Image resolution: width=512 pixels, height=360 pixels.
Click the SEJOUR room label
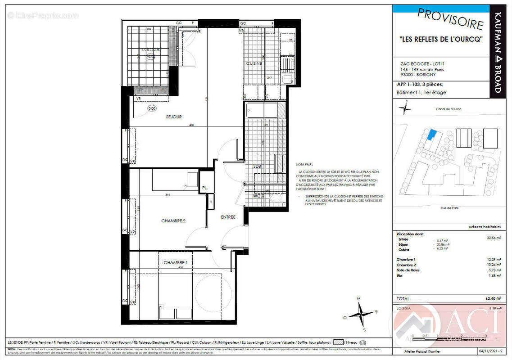(173, 117)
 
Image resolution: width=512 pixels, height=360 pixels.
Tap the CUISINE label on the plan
(254, 63)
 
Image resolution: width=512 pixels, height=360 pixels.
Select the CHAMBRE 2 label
(173, 221)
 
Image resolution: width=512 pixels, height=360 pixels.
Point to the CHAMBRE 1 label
(176, 262)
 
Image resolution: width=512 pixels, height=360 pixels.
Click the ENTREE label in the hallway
(228, 217)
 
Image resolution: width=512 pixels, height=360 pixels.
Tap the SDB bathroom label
(257, 166)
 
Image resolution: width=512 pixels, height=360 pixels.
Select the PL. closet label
(205, 188)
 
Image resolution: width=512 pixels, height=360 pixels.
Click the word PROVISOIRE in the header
(450, 19)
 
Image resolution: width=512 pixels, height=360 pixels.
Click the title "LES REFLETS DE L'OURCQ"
(441, 39)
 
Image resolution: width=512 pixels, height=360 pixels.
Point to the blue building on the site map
(432, 135)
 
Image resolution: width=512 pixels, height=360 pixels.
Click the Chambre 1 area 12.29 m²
(494, 260)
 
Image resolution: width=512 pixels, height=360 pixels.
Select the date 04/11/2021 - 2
(489, 351)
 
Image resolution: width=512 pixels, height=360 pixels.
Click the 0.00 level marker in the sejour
(152, 108)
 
